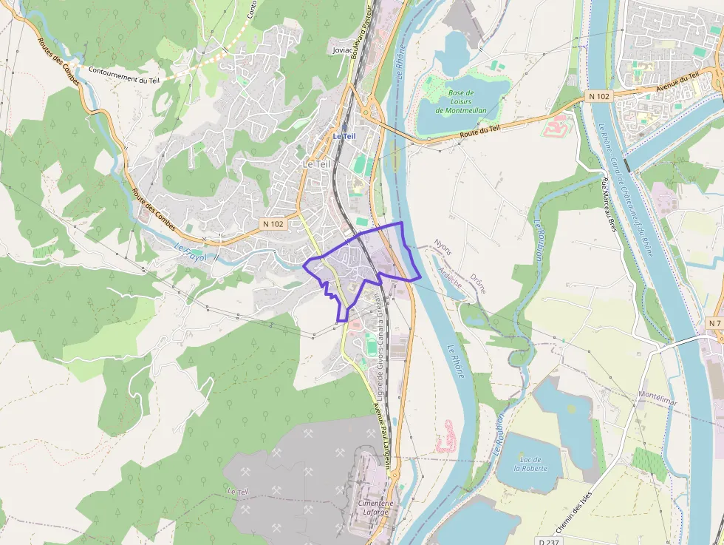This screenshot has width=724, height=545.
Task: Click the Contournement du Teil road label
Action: tap(123, 75)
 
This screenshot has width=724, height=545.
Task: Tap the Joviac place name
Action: tap(343, 50)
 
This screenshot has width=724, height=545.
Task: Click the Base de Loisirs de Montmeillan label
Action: tap(461, 101)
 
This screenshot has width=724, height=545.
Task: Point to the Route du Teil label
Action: tap(481, 132)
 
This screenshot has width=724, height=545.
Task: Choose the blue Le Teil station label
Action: tap(344, 136)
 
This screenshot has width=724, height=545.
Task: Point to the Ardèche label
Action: tap(450, 278)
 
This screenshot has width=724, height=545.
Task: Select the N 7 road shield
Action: tap(713, 324)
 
